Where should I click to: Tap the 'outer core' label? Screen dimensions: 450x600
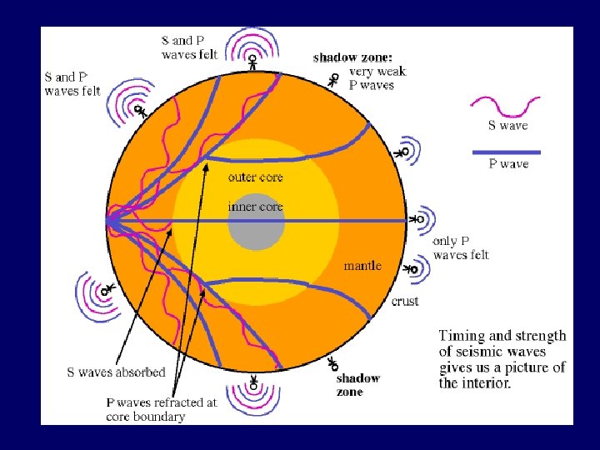(x=255, y=177)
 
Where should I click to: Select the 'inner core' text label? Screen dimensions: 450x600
(x=255, y=206)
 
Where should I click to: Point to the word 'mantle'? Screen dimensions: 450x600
(x=362, y=266)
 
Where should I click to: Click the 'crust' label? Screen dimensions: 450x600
(x=405, y=301)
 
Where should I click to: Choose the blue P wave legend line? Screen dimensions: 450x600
(x=507, y=152)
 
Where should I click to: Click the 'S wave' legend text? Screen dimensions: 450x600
(x=507, y=126)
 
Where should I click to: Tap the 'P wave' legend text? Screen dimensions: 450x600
(x=508, y=164)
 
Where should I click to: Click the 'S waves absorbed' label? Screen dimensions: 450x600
(x=116, y=372)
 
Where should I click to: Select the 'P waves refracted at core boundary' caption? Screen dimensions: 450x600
(x=161, y=409)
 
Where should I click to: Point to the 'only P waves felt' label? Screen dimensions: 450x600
(x=461, y=247)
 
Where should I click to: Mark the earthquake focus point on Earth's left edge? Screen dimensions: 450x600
(x=108, y=221)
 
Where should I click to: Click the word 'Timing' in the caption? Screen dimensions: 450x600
(x=462, y=336)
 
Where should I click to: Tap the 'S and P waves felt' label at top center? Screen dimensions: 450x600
(x=189, y=47)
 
